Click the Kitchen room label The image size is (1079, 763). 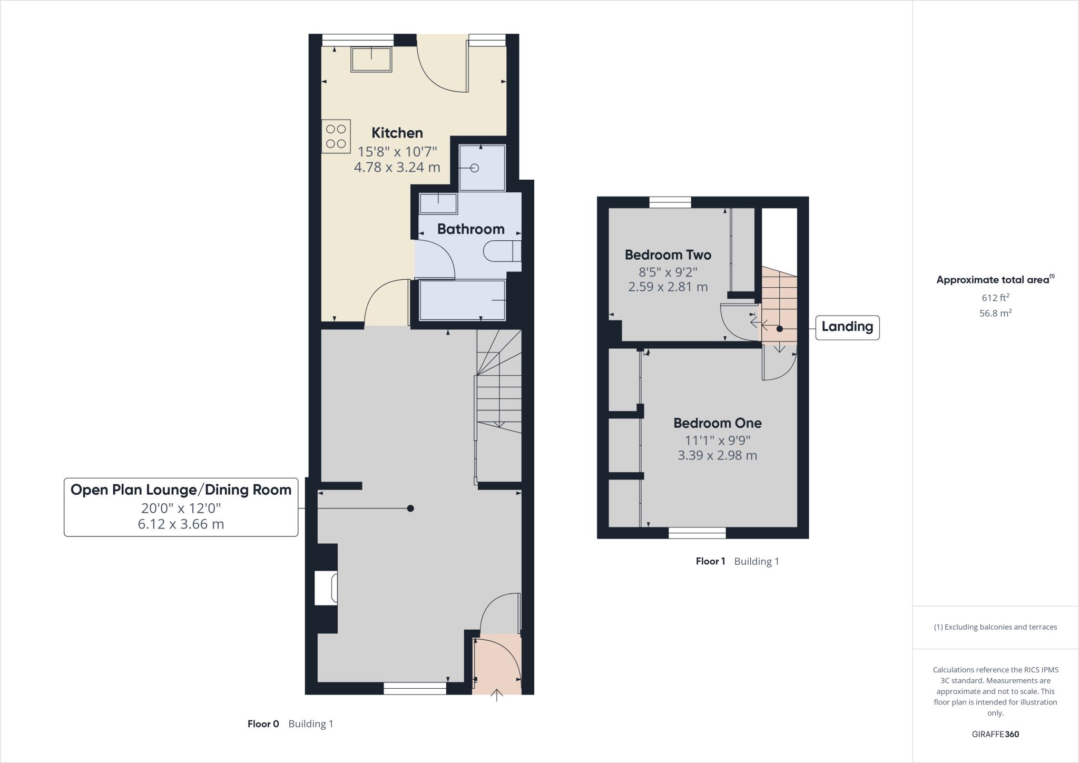click(x=397, y=133)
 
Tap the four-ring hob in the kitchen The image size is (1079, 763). click(x=336, y=136)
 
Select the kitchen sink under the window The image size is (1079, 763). click(x=371, y=60)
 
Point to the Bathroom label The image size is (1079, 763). click(x=470, y=229)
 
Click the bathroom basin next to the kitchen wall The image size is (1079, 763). click(x=438, y=203)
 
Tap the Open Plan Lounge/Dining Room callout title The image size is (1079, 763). click(x=181, y=490)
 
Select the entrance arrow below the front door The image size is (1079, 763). click(x=496, y=696)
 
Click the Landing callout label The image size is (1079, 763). click(x=847, y=327)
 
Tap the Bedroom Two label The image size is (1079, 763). click(x=668, y=255)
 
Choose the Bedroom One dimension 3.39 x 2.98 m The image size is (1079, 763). click(x=717, y=456)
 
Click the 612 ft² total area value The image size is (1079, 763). click(x=995, y=298)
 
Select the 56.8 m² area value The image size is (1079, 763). click(x=995, y=313)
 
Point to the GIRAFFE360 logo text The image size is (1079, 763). click(x=995, y=734)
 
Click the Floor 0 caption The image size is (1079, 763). click(x=263, y=724)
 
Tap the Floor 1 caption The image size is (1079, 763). click(x=710, y=562)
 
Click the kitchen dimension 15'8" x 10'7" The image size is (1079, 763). click(x=397, y=152)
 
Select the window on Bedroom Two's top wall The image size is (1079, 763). click(x=670, y=202)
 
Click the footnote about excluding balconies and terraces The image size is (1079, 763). click(x=995, y=627)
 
